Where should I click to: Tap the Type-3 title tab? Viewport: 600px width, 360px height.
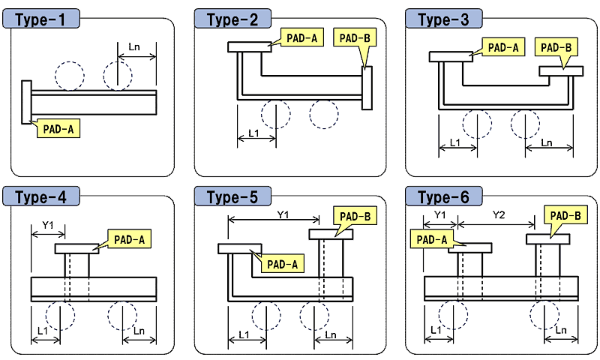click(x=440, y=19)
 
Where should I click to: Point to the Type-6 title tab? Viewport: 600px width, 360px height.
click(x=440, y=197)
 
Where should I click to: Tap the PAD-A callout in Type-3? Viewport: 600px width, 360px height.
click(x=504, y=47)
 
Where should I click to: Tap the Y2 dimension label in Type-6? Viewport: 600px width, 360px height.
click(x=498, y=215)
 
